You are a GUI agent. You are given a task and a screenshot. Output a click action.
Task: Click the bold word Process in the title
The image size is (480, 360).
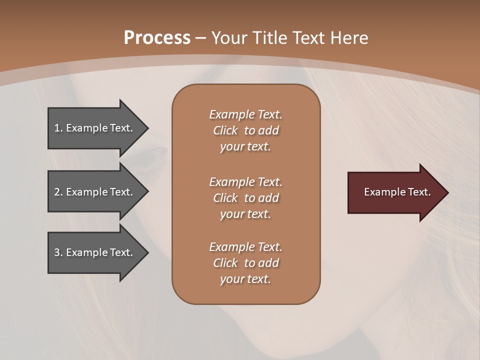click(157, 38)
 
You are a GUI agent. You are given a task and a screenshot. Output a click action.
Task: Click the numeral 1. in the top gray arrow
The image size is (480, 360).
click(58, 128)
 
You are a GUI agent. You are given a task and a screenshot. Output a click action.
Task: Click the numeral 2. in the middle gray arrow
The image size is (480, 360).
click(58, 192)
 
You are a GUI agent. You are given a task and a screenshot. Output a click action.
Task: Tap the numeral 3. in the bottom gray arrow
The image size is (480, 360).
click(58, 252)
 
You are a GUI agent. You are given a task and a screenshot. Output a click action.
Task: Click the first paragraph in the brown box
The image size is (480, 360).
click(245, 130)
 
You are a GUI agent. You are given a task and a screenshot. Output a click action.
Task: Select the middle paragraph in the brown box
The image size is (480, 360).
click(245, 198)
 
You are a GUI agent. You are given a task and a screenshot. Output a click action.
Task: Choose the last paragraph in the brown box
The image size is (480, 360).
click(245, 263)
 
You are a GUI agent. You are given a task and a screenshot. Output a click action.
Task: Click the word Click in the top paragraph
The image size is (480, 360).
click(225, 130)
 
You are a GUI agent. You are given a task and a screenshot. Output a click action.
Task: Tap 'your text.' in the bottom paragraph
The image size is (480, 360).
click(245, 279)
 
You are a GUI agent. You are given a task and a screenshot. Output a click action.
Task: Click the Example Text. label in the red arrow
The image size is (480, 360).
click(397, 192)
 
